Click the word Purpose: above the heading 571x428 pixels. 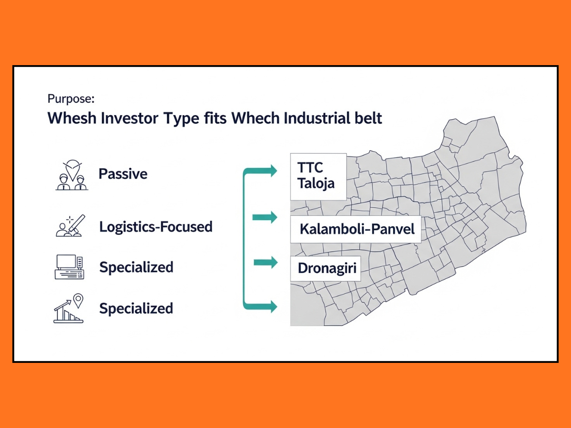click(71, 99)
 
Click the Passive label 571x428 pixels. click(123, 174)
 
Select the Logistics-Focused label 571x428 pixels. click(156, 227)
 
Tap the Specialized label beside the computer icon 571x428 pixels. click(136, 267)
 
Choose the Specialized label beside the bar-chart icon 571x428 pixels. click(136, 309)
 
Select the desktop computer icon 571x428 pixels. click(69, 267)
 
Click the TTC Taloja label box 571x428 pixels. click(318, 176)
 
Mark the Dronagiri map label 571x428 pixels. click(326, 268)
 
